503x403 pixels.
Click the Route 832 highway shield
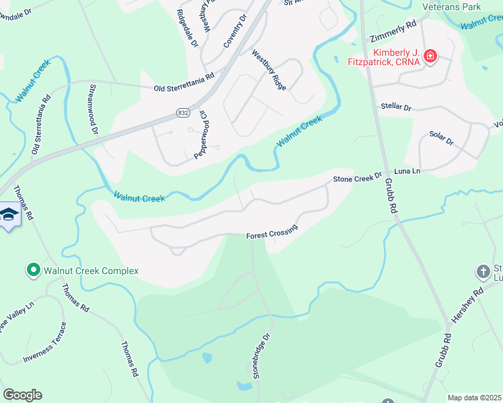click(183, 114)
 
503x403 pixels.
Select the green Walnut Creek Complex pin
click(32, 271)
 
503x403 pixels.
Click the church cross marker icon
click(483, 271)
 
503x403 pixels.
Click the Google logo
click(22, 395)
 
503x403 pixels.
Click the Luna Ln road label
click(407, 172)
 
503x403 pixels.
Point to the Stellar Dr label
click(396, 107)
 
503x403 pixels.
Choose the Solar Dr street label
click(441, 139)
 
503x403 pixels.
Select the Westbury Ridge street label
click(269, 71)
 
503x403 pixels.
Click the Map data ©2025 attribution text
click(474, 398)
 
